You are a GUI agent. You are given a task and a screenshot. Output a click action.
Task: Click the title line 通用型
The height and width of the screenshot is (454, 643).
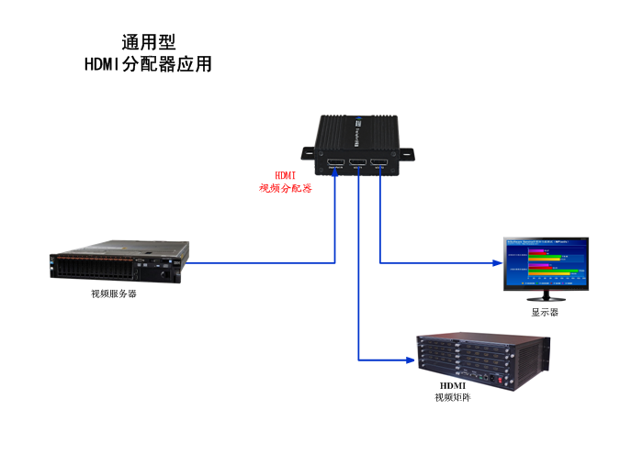(149, 42)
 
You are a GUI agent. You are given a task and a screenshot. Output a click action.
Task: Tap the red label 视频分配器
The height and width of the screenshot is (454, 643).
(285, 188)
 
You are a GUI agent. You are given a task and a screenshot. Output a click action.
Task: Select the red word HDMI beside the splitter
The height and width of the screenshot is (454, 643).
(285, 175)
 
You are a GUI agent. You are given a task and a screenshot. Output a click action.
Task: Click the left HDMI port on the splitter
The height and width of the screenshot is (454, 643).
(334, 166)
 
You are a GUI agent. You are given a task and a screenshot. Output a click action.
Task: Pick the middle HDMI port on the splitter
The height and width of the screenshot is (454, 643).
(357, 166)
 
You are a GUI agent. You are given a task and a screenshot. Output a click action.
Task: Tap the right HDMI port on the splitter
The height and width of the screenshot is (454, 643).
(378, 166)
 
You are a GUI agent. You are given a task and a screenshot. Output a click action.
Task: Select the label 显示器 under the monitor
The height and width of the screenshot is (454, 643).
(545, 313)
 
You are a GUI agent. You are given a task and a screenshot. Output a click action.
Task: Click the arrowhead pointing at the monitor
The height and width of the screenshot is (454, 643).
(495, 263)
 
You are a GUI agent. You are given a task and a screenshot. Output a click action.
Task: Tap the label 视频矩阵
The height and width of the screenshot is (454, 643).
(453, 399)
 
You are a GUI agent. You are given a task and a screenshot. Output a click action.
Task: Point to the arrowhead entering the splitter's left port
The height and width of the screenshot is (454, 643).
(334, 175)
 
